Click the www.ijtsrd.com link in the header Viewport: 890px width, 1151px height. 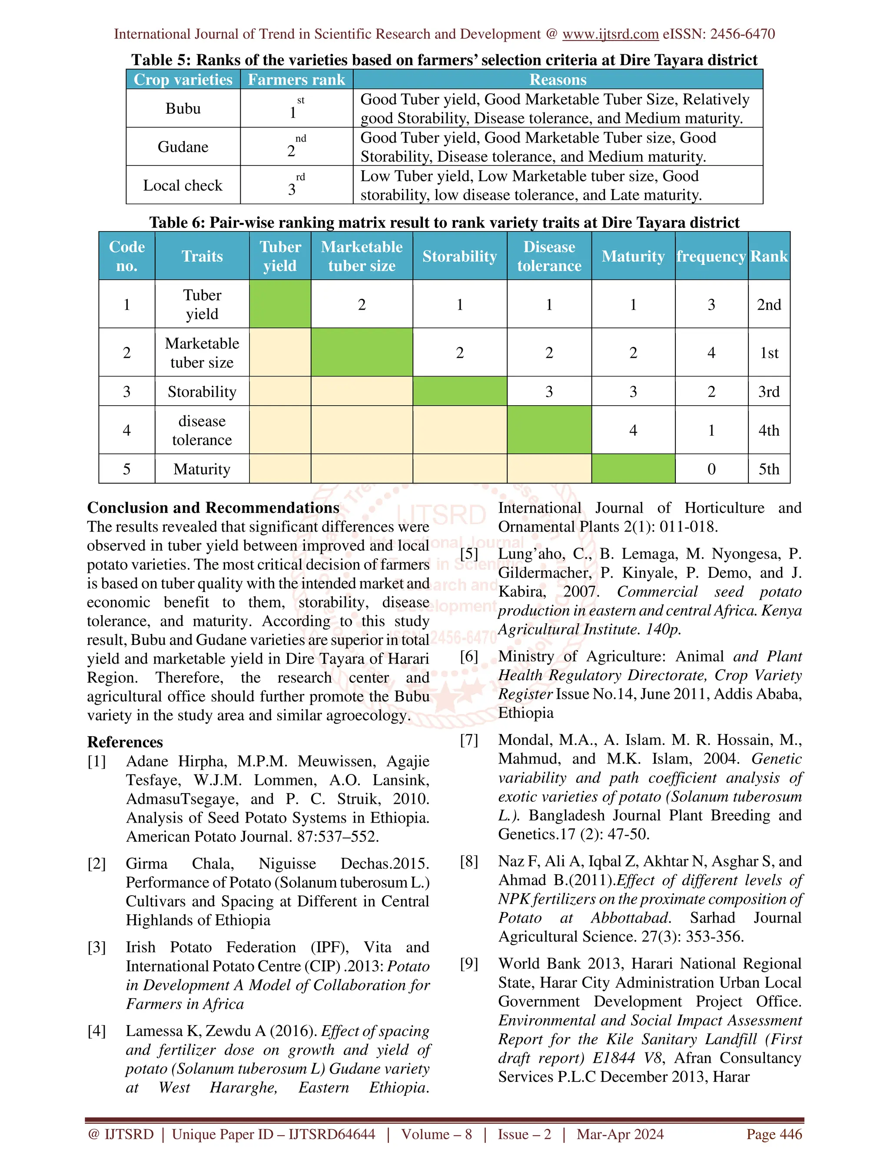610,34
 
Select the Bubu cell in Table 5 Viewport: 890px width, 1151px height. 183,109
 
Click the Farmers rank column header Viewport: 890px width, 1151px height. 296,79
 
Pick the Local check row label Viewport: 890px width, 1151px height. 183,185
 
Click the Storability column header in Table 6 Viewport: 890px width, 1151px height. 459,256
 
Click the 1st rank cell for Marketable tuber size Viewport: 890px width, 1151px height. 769,353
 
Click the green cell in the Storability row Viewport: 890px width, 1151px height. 459,391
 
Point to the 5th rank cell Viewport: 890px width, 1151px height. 769,469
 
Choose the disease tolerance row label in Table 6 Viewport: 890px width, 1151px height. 202,430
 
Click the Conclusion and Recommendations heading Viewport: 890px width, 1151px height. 213,507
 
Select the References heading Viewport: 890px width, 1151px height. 125,742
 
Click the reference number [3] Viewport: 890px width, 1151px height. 96,947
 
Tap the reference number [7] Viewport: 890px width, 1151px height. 469,740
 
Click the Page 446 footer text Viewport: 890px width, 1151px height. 774,1134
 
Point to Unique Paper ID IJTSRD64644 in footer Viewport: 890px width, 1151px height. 274,1134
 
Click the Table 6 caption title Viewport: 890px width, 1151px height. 444,222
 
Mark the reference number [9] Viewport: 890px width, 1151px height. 469,963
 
